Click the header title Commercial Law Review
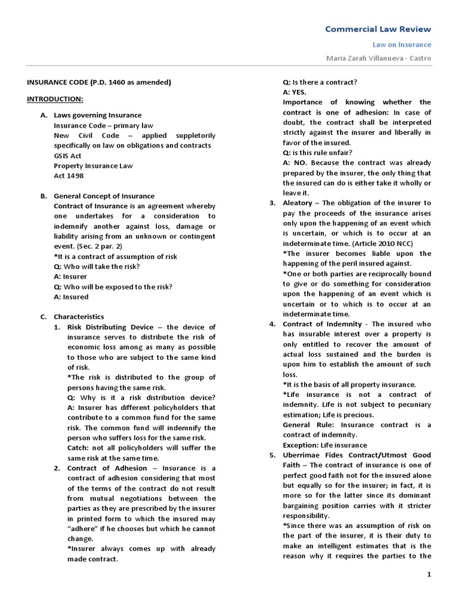[x=377, y=29]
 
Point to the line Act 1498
[x=70, y=175]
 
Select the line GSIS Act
[x=69, y=155]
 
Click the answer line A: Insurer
[x=70, y=276]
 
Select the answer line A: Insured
[x=71, y=297]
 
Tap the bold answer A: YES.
[x=295, y=92]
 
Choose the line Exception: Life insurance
[x=325, y=445]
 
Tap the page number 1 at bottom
[x=428, y=574]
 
